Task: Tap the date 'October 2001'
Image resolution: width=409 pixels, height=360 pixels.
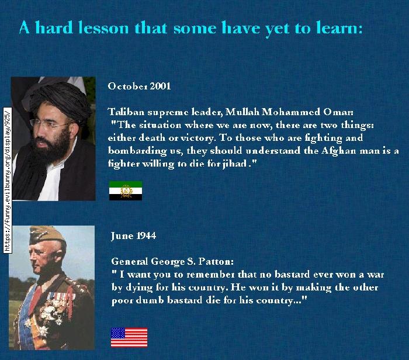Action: click(x=139, y=86)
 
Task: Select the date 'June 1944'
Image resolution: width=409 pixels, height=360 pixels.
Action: click(x=134, y=236)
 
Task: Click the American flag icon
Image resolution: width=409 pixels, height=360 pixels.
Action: click(x=129, y=338)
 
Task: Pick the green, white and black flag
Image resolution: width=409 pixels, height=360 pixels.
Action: click(x=126, y=191)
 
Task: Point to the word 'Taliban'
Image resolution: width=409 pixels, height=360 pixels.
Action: click(x=126, y=112)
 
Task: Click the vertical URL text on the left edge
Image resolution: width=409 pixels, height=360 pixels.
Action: click(x=7, y=180)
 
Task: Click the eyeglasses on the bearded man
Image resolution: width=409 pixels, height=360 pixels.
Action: click(x=50, y=124)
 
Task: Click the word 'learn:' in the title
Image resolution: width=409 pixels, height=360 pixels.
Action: click(x=339, y=27)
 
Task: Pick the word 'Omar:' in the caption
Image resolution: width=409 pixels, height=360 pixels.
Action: click(x=338, y=112)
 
